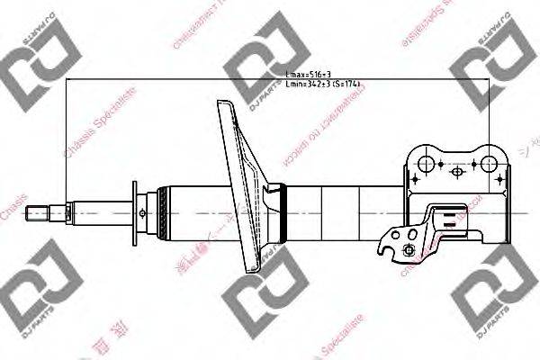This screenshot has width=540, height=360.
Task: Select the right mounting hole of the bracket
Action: [490, 162]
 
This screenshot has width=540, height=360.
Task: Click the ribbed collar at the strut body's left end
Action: [162, 213]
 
